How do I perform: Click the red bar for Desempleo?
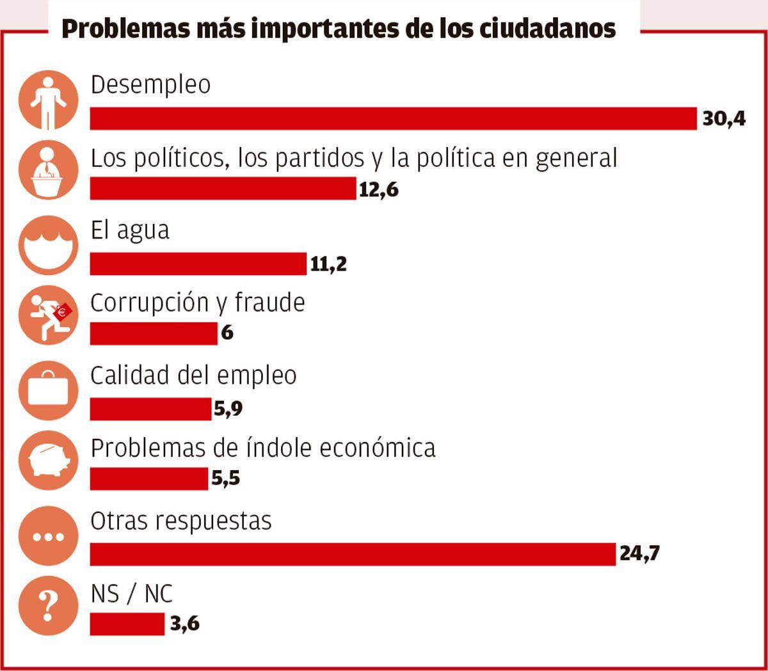393,119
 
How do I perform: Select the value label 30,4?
724,119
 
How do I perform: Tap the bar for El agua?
198,264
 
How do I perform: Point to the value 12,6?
378,190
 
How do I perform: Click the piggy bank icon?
49,461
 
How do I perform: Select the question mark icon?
49,604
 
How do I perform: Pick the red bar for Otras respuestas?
353,554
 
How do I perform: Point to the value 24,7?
639,553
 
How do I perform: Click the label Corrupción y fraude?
197,303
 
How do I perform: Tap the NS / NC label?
132,594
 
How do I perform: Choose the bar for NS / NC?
127,624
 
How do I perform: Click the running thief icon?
49,315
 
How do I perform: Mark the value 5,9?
228,409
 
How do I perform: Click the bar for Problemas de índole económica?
148,478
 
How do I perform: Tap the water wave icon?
49,245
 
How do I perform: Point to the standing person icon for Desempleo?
49,100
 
